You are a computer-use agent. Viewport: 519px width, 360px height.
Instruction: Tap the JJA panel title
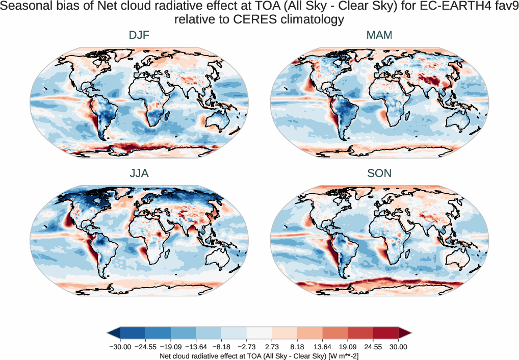139,173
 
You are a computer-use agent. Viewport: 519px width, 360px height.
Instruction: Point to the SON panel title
379,173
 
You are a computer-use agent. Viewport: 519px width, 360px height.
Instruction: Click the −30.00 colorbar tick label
120,347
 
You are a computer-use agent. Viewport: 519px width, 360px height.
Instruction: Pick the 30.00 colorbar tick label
399,347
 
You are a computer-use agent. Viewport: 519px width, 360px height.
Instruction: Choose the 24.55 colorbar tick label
373,347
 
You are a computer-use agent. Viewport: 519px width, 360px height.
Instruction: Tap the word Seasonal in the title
28,7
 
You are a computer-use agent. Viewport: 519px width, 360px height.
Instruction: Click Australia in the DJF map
222,122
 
